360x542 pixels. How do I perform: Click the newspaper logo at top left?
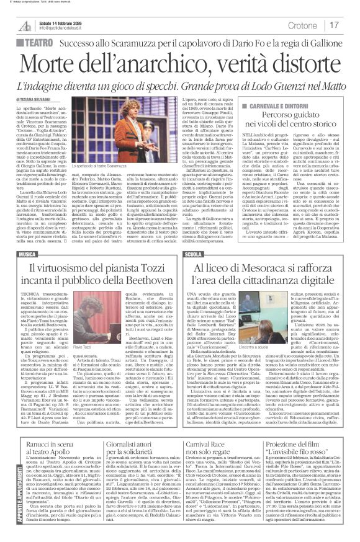25,24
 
